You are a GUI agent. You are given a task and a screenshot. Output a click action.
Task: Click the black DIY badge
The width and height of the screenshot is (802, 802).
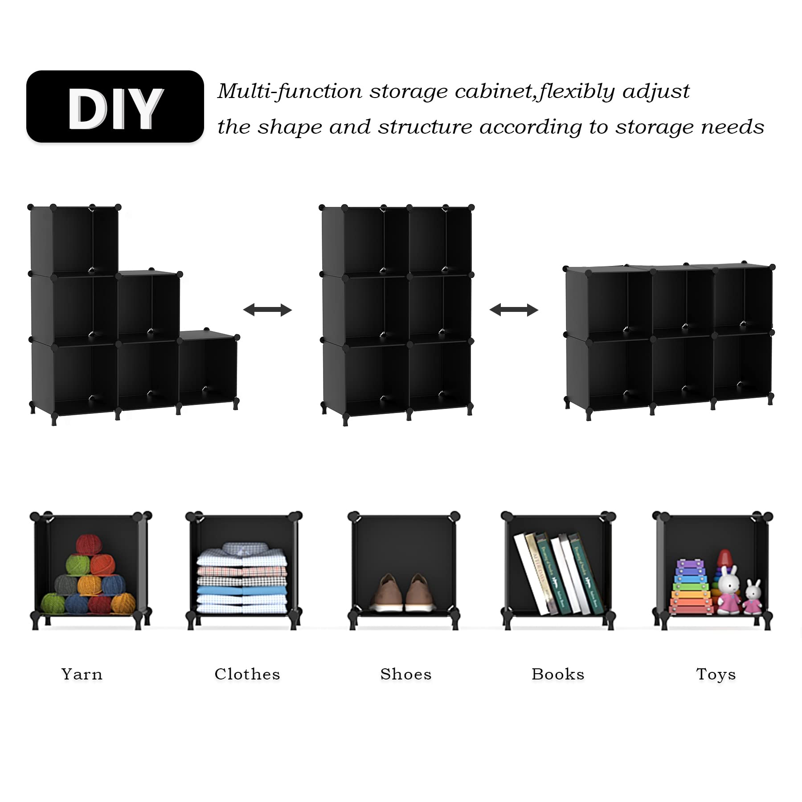115,106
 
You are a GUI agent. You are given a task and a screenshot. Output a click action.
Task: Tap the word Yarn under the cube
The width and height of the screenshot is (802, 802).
82,674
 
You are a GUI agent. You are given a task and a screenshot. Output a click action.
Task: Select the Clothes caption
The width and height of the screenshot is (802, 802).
247,674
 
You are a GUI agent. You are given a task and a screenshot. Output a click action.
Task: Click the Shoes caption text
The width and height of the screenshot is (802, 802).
406,674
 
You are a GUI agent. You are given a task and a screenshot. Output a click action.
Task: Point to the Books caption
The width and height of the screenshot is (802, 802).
558,674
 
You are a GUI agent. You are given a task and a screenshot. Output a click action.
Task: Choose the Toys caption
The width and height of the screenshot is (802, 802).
716,674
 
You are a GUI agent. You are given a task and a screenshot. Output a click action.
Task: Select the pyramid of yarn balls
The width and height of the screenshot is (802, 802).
88,575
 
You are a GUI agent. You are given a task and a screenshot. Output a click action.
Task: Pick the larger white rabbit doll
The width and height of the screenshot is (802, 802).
728,590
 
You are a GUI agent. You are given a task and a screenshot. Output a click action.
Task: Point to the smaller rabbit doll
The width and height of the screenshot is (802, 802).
753,597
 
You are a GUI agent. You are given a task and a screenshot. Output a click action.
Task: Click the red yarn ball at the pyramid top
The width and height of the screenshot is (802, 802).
89,545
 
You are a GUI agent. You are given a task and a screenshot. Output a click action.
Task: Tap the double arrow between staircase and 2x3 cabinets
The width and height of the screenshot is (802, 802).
267,310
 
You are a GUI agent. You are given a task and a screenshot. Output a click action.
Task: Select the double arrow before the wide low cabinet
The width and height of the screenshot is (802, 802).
514,310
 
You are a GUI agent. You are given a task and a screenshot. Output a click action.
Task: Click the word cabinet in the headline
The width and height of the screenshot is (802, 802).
493,91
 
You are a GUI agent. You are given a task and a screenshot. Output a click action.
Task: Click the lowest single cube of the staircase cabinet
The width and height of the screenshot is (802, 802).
208,368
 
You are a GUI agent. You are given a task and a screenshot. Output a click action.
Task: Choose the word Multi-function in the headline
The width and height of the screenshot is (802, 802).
290,91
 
